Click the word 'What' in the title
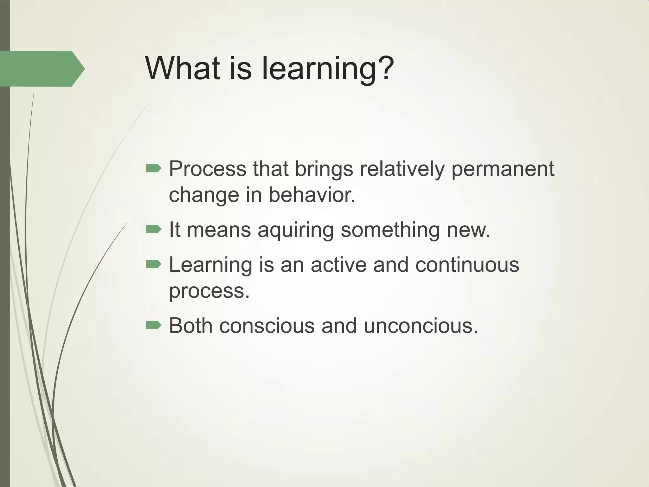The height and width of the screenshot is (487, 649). [182, 68]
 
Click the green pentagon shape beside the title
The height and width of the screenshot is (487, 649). [41, 68]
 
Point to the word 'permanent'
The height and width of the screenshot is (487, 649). [503, 169]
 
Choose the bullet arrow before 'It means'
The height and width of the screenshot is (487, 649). [154, 229]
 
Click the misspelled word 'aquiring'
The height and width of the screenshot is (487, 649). [295, 230]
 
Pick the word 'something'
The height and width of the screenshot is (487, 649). [390, 230]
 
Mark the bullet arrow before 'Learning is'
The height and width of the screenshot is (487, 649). [154, 264]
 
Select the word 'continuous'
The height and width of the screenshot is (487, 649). [467, 264]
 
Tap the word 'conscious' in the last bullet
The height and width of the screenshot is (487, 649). [267, 326]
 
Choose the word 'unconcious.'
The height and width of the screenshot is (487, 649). [421, 326]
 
